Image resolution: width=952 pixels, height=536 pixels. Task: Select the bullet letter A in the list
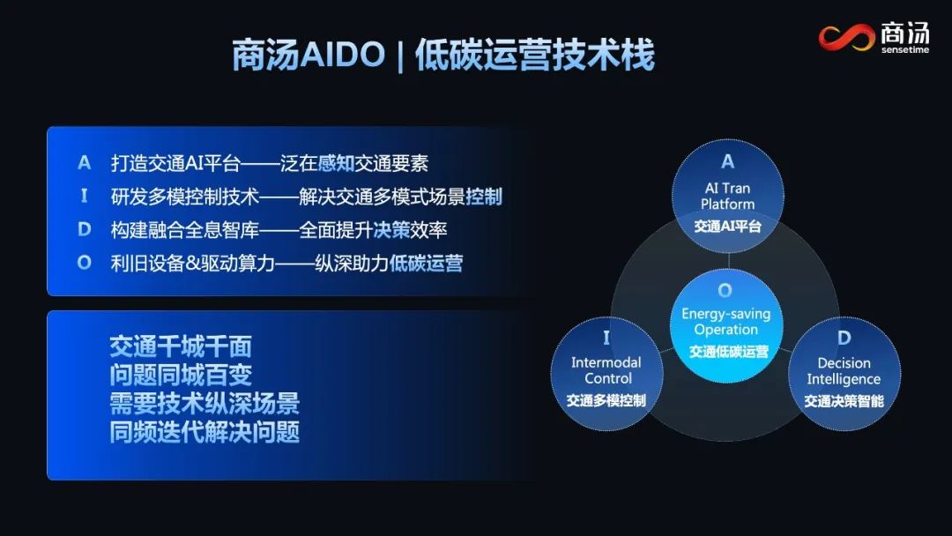[x=85, y=163]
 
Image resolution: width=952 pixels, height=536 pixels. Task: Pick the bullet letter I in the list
[x=85, y=196]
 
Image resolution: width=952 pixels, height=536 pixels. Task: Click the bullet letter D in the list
[x=85, y=229]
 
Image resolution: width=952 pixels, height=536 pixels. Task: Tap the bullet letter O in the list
[x=85, y=263]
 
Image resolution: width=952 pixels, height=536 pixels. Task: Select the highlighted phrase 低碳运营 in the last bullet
[x=426, y=263]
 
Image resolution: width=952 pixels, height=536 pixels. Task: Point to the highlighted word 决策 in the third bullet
[x=392, y=229]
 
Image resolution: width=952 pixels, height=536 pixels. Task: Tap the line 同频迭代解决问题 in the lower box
[x=205, y=432]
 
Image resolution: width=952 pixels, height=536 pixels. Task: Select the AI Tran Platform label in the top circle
[x=728, y=196]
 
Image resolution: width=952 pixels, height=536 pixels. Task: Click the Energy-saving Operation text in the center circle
[x=725, y=322]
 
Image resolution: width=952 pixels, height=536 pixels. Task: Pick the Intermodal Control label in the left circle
[x=606, y=370]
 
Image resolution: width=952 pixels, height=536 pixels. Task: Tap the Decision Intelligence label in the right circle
[x=844, y=371]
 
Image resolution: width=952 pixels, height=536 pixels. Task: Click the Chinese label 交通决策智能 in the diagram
[x=844, y=401]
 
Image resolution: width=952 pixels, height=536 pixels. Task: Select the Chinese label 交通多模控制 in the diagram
[x=606, y=400]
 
